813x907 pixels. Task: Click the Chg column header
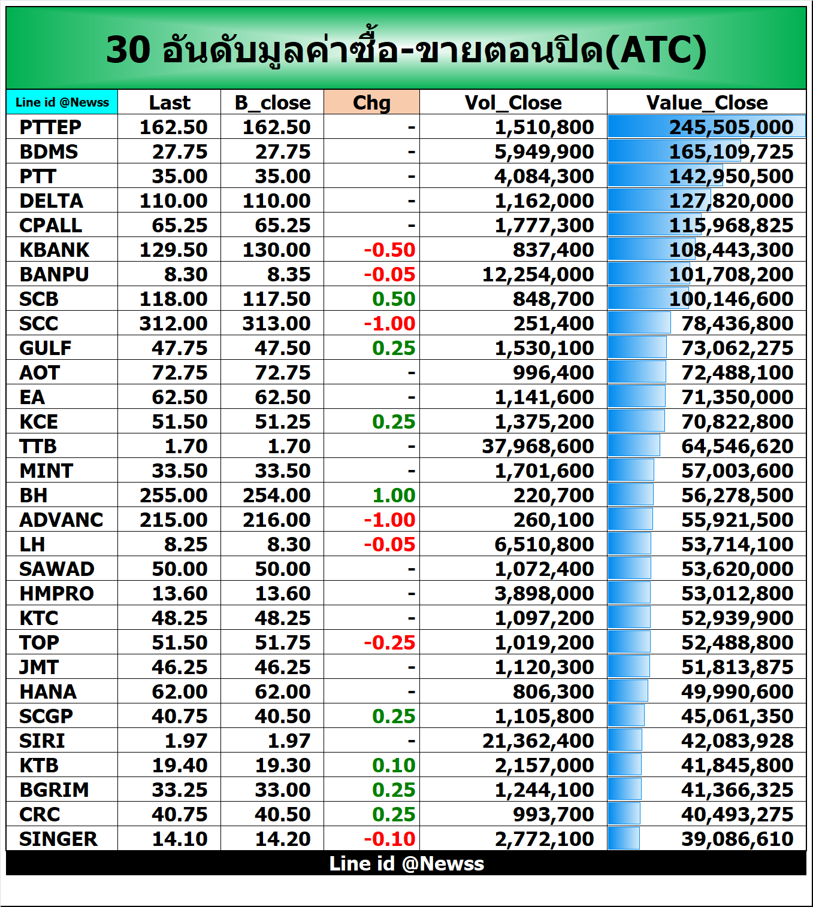click(371, 102)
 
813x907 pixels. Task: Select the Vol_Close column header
click(513, 102)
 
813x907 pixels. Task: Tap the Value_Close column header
click(706, 102)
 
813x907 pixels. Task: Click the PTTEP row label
click(50, 127)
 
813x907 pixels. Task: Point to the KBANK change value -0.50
click(389, 250)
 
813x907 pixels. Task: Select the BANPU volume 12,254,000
click(537, 274)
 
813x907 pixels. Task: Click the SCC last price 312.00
click(173, 323)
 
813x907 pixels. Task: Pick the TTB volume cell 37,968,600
click(537, 446)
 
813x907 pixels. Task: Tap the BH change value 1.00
click(394, 495)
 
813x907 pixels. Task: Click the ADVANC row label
click(61, 520)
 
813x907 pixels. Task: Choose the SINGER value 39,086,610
click(737, 839)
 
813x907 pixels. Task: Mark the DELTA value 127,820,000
click(731, 201)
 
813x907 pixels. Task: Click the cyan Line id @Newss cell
click(62, 102)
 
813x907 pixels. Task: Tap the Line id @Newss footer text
click(406, 863)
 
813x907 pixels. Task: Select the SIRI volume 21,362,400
click(537, 741)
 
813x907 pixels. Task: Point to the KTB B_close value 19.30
click(282, 765)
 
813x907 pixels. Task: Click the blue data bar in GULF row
click(637, 348)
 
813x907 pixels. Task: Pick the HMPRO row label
click(57, 593)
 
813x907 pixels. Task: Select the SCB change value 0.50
click(394, 299)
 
